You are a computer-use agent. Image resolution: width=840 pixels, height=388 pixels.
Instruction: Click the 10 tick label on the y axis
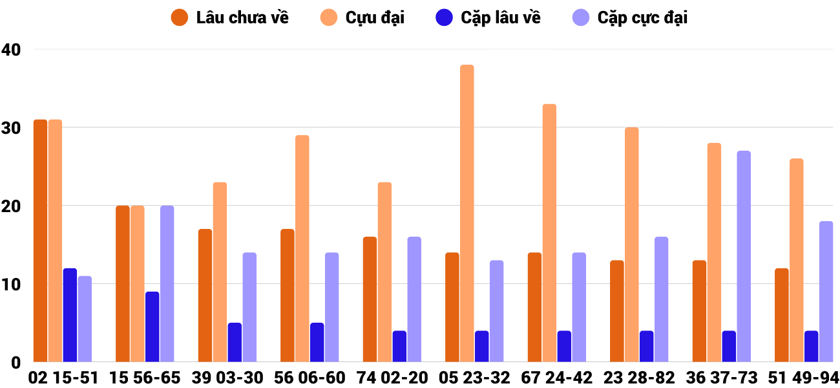(x=11, y=284)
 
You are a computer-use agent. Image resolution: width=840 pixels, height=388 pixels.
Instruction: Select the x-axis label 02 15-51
(x=63, y=378)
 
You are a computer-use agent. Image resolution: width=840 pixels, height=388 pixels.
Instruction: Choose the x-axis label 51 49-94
(x=804, y=378)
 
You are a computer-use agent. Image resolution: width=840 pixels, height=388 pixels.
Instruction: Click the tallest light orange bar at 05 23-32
(x=467, y=213)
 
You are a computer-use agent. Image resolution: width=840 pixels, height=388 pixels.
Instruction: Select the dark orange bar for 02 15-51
(x=40, y=241)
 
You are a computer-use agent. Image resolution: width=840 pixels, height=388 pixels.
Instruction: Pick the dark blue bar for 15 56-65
(x=152, y=327)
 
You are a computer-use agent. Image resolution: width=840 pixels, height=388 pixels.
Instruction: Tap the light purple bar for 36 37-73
(x=744, y=256)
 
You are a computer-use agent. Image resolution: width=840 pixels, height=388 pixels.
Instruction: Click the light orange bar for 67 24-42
(x=549, y=233)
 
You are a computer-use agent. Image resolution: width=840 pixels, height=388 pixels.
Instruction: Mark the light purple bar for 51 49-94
(x=826, y=292)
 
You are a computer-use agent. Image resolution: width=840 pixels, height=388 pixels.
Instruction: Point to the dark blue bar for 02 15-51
(x=70, y=315)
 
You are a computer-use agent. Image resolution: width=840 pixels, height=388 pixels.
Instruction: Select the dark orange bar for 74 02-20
(x=370, y=299)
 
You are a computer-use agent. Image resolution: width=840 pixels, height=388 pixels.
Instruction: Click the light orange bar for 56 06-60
(x=302, y=248)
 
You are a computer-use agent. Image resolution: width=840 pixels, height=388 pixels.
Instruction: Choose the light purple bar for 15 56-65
(x=167, y=284)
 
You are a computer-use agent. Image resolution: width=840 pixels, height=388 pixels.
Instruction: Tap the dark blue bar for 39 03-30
(x=235, y=342)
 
